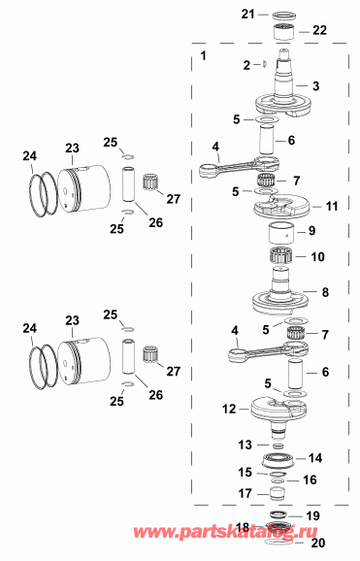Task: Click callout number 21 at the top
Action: point(247,14)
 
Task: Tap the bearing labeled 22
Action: point(284,32)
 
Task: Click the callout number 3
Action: point(315,86)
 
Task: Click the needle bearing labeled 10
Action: point(284,259)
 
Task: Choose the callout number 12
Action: point(229,410)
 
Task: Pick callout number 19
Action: point(311,515)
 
